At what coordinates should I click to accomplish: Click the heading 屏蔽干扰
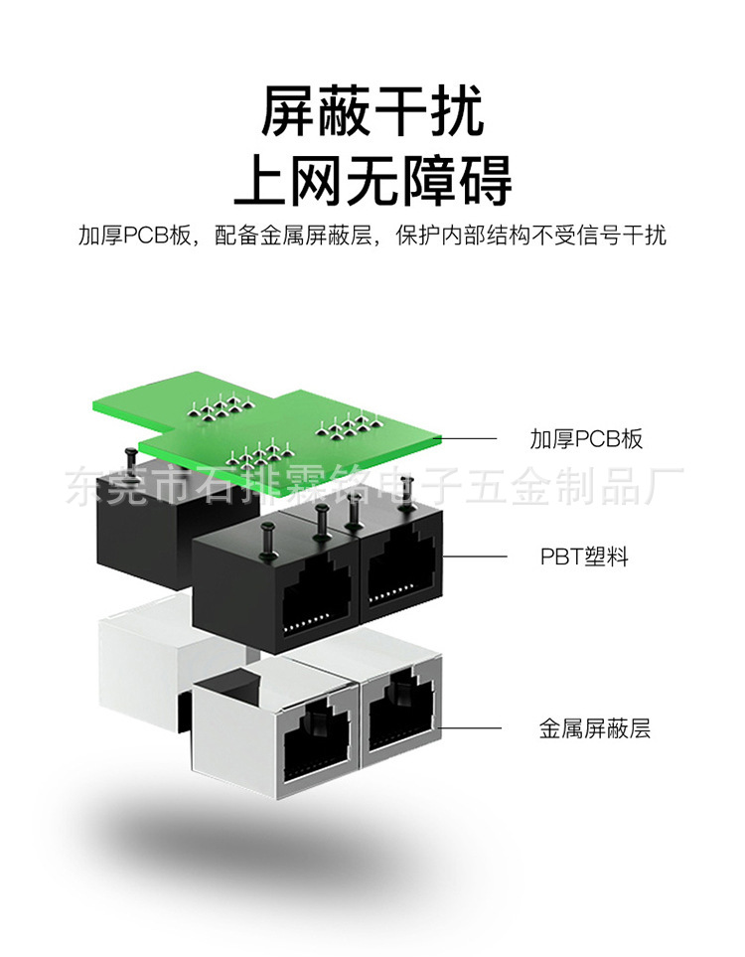tap(372, 111)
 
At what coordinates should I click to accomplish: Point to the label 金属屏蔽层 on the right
tap(594, 728)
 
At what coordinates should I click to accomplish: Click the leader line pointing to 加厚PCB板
tap(468, 438)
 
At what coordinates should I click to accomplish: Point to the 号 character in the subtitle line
tap(601, 236)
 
